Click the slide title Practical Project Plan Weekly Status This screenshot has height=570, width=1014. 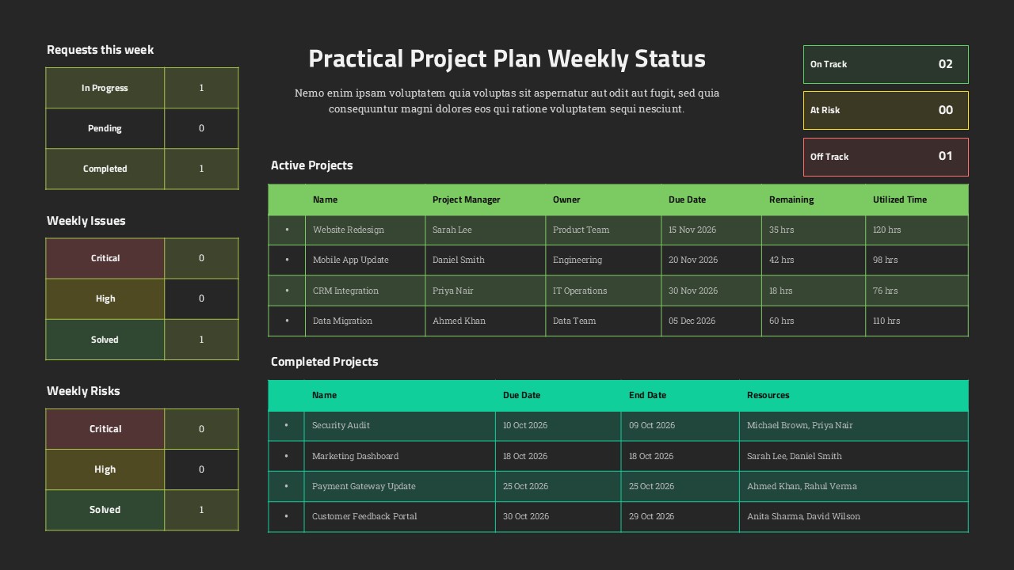506,59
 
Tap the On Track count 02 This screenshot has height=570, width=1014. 945,64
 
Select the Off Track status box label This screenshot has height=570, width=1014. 829,157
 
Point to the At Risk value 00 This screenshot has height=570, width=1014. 945,110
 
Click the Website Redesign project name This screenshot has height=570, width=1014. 348,230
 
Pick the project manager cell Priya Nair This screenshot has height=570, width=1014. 452,291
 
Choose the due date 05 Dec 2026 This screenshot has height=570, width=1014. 692,321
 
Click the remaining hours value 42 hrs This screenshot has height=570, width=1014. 781,260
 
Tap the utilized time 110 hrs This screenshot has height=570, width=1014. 886,321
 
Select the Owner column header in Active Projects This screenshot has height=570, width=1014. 566,199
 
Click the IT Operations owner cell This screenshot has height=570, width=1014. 579,291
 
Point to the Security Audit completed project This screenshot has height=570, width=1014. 341,425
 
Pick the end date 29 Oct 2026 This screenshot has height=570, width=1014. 652,516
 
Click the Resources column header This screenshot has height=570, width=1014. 768,395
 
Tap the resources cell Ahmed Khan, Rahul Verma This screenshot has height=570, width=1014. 802,486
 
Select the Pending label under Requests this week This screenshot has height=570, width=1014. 105,128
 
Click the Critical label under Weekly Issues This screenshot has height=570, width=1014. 105,258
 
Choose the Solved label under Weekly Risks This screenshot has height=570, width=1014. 105,510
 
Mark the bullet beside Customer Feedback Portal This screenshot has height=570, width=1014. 286,516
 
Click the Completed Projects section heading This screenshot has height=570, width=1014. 324,362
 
